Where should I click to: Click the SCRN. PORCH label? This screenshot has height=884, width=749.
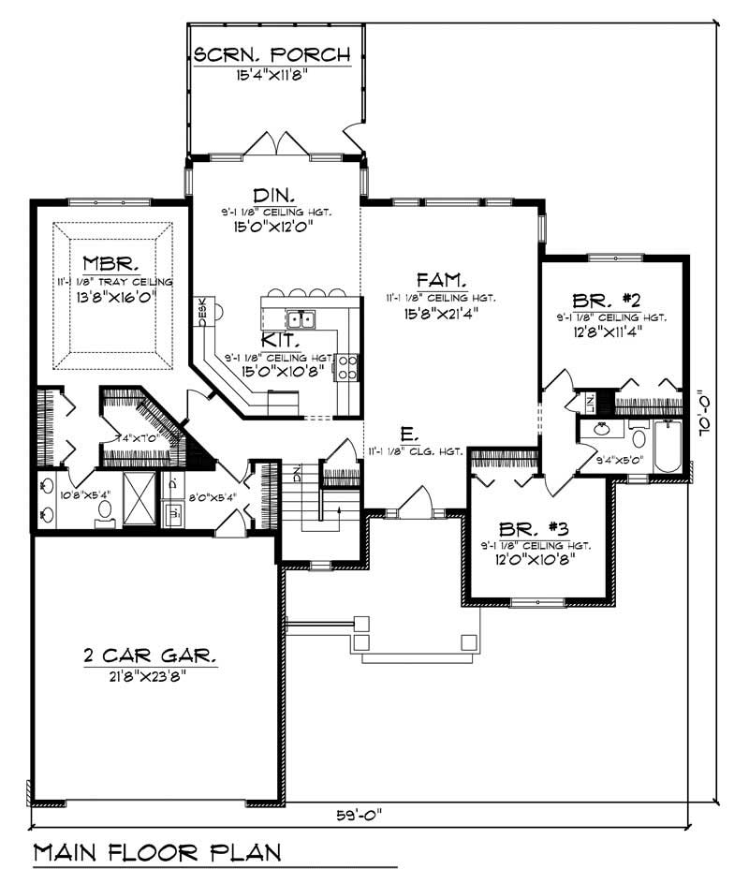272,55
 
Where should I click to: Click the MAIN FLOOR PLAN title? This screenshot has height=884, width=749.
157,852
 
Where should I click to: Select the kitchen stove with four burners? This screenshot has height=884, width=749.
346,365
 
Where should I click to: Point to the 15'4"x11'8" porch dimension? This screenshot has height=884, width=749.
272,75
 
